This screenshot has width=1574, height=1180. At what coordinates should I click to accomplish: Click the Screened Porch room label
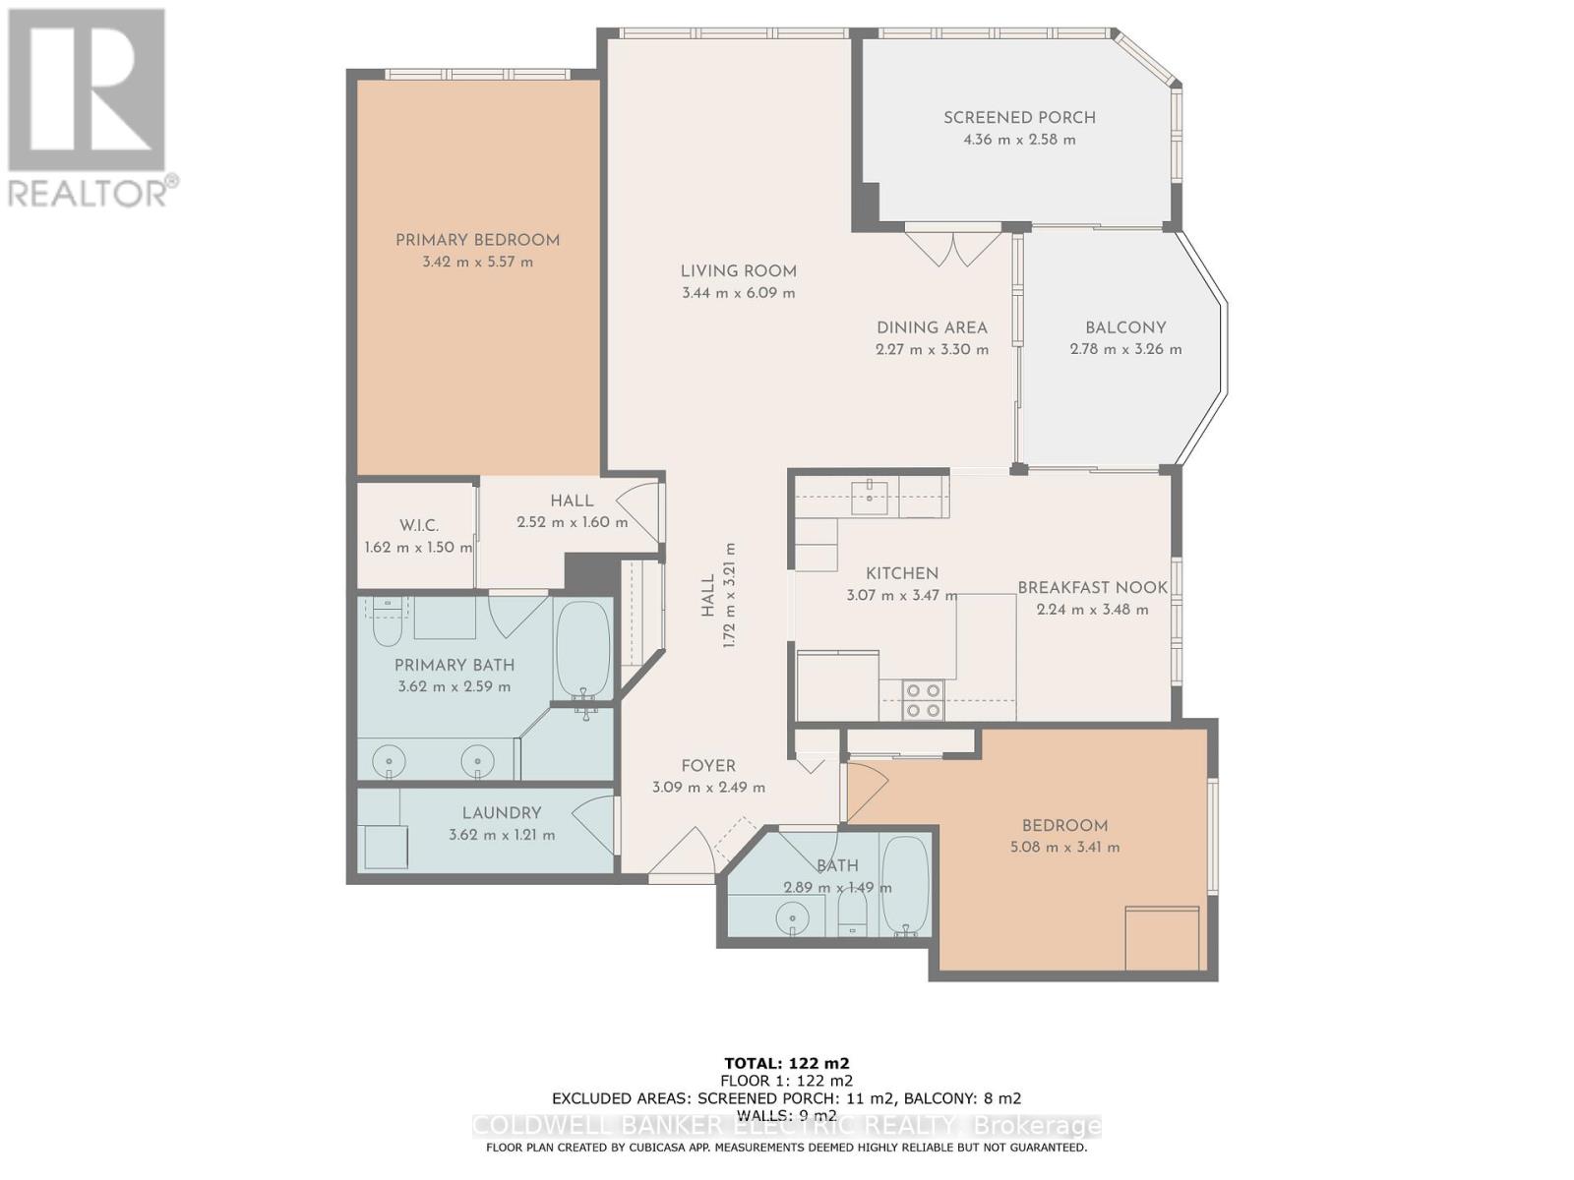point(1019,118)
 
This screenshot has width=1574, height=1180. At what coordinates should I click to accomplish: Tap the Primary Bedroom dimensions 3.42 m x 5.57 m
point(477,263)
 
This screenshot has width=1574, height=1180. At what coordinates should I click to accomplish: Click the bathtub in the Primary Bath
point(582,649)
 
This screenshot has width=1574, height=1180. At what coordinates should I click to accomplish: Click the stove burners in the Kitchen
point(923,699)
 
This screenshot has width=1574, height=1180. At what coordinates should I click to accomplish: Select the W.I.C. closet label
point(419,526)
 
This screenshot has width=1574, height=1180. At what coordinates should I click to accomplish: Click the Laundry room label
point(502,813)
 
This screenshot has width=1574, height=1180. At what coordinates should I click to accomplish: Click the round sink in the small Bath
point(792,920)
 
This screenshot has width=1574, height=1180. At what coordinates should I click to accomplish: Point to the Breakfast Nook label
point(1092,588)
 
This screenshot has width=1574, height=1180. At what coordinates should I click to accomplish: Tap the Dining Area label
point(932,328)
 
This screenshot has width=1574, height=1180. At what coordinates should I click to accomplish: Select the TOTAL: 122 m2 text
point(786,1063)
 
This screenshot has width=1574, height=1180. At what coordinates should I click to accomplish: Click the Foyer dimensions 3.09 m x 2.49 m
point(708,788)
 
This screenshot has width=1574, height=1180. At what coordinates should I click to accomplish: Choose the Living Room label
point(738,271)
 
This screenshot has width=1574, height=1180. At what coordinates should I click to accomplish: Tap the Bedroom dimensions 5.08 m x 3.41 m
point(1064,848)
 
